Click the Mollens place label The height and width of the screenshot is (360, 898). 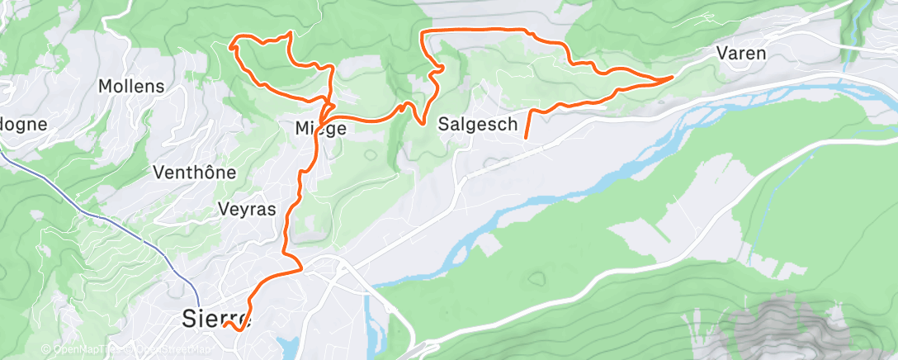(x=131, y=86)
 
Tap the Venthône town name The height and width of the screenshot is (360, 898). (x=195, y=173)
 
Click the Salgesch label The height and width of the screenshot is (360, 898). (x=478, y=124)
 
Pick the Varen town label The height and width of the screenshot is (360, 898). (x=741, y=54)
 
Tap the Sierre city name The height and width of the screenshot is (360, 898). (x=215, y=317)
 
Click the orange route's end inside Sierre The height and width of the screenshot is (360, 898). (x=224, y=326)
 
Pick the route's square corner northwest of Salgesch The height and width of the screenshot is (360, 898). (x=423, y=31)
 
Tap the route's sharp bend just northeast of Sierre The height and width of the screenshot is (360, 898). (x=302, y=267)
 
